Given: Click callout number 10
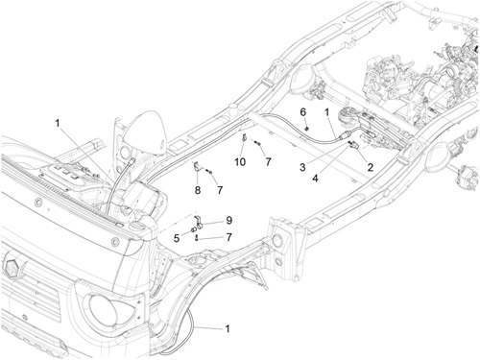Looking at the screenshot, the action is coord(240,162).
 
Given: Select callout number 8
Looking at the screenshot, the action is coord(198,190).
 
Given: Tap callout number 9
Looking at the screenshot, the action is coord(228,220).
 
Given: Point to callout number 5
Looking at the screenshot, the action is coord(177,238).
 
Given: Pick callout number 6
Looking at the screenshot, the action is coord(302,112).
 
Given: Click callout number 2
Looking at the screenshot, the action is coord(371,167).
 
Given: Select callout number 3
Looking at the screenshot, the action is coord(302,167).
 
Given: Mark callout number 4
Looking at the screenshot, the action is coord(315,179).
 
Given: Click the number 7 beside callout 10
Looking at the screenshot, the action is coord(268,162).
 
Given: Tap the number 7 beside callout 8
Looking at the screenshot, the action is coord(220,190).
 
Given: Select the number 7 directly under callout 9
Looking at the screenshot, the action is coord(228,237).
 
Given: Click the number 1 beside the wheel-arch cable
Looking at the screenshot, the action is coord(228,328).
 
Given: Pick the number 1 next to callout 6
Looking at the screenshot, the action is coord(326,112).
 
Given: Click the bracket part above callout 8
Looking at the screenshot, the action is coord(198,168).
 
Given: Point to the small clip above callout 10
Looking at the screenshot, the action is coord(244,138).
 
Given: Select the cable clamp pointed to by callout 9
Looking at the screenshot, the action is coord(198,223).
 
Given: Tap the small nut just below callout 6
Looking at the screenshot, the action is coord(307,129).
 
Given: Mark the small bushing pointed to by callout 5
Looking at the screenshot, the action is coord(193,229).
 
